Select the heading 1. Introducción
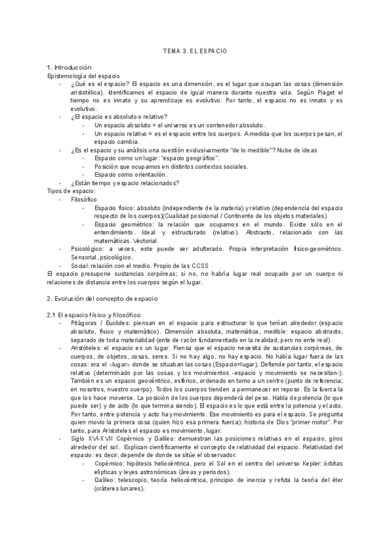coord(72,68)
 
